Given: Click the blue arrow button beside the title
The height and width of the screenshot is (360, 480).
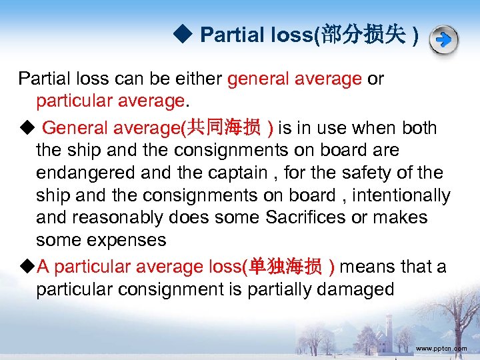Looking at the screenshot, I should [443, 39].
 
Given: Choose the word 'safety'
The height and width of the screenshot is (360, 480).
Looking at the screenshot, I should [362, 173].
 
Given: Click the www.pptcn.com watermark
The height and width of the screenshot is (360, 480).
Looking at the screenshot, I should [441, 349].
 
